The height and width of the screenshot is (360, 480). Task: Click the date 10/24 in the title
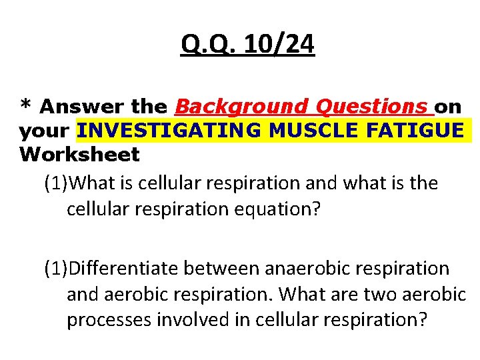click(x=279, y=45)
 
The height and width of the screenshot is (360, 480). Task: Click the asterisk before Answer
click(x=26, y=106)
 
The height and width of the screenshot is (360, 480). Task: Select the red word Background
click(x=237, y=106)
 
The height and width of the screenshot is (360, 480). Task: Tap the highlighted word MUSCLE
click(x=325, y=130)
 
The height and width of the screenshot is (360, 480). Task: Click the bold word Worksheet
click(x=80, y=155)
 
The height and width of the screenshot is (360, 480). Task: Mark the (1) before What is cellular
click(x=56, y=183)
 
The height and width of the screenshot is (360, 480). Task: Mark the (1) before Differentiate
click(x=56, y=268)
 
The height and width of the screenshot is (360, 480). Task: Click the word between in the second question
click(x=223, y=268)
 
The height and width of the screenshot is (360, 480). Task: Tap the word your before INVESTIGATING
click(x=46, y=131)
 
